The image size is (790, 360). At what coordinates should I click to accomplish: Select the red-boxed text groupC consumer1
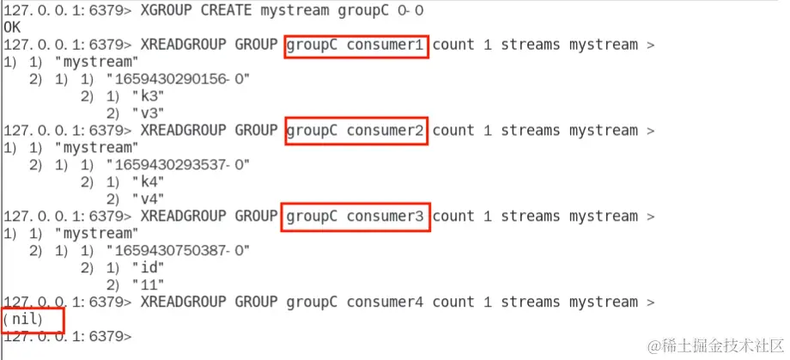355,45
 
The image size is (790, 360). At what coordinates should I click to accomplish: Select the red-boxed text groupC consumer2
355,131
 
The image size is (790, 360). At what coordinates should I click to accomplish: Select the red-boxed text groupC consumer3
355,217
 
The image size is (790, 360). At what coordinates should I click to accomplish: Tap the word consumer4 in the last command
386,302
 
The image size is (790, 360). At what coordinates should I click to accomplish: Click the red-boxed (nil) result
32,320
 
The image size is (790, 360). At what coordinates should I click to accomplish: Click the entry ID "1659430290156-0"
178,79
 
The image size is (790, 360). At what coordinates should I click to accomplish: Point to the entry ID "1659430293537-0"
178,165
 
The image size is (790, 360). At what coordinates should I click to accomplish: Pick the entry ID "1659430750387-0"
178,251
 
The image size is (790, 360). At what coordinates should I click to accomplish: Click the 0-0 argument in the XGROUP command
410,10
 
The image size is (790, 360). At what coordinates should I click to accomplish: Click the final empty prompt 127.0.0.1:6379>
67,337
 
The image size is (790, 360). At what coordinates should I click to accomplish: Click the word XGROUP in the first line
164,10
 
